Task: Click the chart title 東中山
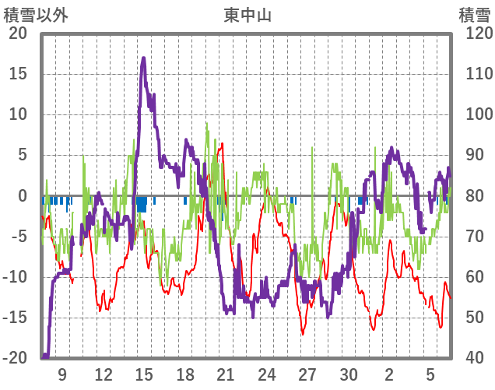coord(247,15)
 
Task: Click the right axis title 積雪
coord(474,15)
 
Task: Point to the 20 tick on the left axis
coord(18,33)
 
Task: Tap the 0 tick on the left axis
coord(23,196)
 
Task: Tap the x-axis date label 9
coord(62,374)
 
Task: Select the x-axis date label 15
coord(144,374)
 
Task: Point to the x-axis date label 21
coord(226,374)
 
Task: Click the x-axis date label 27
coord(307,374)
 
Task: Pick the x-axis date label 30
coord(348,374)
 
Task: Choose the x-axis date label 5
coord(430,374)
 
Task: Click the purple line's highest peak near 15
coord(144,58)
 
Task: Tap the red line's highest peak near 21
coord(223,143)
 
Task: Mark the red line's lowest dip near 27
coord(303,334)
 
